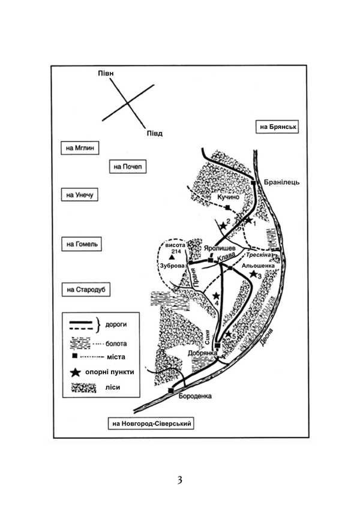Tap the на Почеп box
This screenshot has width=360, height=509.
(x=127, y=166)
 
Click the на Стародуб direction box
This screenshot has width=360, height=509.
(x=83, y=290)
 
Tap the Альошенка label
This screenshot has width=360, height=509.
(x=258, y=264)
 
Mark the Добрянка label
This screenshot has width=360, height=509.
(x=201, y=353)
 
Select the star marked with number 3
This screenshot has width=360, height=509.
(x=253, y=274)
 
